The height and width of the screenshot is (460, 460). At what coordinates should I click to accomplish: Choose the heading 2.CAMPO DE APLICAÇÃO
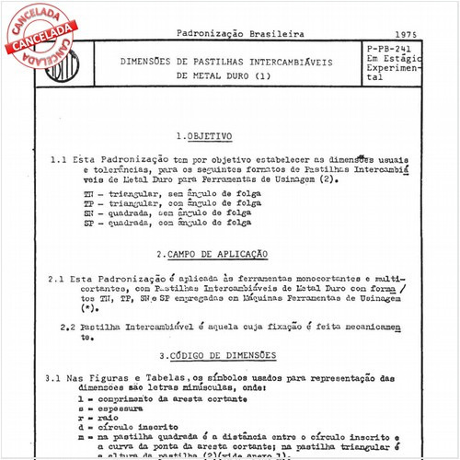click(212, 253)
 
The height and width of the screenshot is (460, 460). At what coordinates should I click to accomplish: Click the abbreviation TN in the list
click(88, 196)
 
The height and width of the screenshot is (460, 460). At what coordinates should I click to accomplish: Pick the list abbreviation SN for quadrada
click(88, 213)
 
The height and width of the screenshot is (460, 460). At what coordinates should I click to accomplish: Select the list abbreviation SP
click(88, 222)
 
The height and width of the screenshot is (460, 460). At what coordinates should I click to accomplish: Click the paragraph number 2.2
click(67, 327)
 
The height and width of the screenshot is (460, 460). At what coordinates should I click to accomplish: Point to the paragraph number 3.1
click(52, 377)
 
